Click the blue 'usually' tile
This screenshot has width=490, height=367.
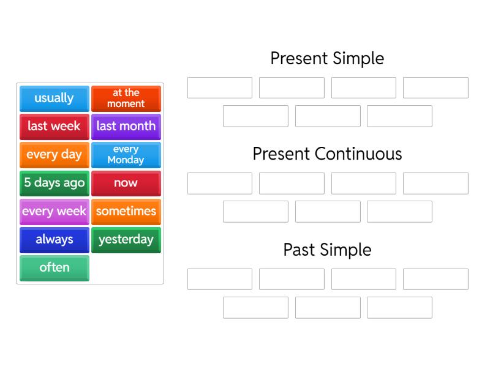click(54, 98)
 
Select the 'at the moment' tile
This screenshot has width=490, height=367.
click(126, 98)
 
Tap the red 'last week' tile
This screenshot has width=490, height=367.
click(54, 126)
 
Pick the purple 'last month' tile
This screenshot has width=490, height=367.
click(126, 126)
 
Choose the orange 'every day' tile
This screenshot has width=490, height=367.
click(54, 155)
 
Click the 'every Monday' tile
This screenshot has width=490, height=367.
click(126, 155)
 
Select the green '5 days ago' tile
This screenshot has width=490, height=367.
click(54, 183)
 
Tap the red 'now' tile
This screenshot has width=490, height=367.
click(126, 183)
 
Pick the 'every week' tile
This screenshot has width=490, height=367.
click(54, 212)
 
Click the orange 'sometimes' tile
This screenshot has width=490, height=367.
click(126, 212)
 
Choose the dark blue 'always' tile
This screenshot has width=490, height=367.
click(54, 240)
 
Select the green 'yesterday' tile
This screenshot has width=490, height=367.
click(126, 240)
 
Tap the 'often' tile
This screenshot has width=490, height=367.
click(54, 268)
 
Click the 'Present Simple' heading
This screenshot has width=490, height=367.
click(327, 58)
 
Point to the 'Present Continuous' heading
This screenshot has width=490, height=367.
click(327, 154)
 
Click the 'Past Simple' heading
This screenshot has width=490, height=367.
click(327, 250)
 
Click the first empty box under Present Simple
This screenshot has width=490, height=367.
click(220, 87)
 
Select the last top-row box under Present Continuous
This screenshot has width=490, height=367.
click(435, 183)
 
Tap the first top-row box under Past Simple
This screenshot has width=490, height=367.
click(220, 279)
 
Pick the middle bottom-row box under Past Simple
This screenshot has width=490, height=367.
click(328, 307)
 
